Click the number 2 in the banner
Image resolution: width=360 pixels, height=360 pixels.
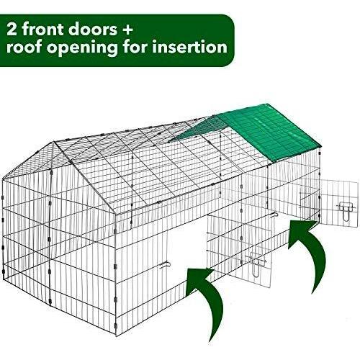(12, 29)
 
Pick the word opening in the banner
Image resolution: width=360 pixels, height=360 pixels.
(82, 48)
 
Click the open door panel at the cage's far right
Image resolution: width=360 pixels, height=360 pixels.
(339, 203)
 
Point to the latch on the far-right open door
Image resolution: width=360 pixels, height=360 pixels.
(346, 210)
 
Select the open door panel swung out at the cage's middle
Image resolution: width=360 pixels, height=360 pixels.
(239, 251)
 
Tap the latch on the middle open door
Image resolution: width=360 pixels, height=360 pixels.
(257, 264)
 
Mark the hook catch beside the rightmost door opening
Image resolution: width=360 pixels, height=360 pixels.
(274, 215)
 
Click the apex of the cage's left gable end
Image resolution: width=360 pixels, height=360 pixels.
(53, 142)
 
